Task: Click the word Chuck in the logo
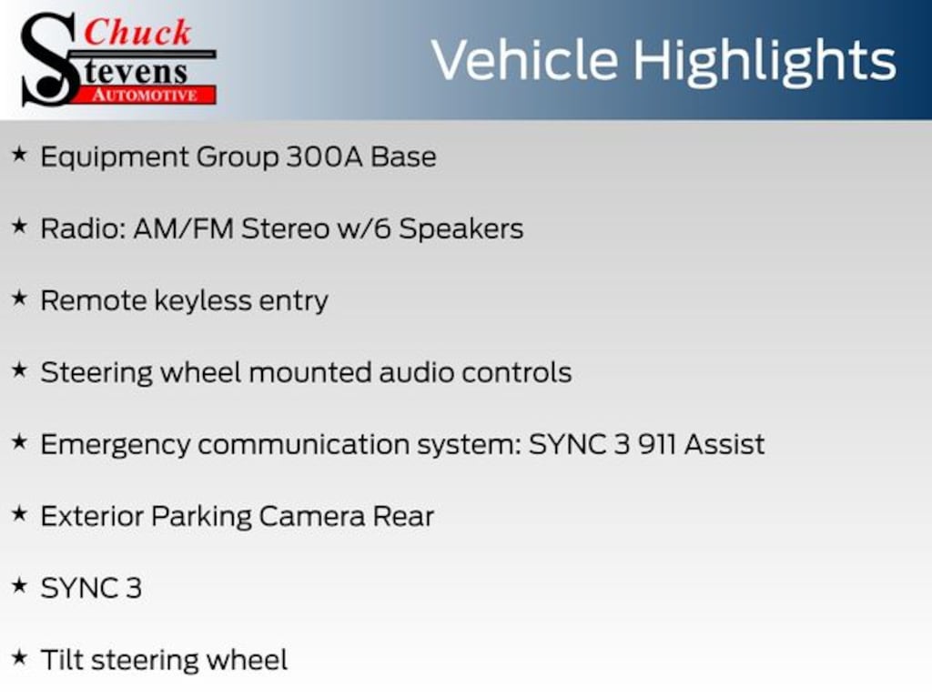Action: (137, 32)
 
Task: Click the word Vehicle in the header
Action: (525, 60)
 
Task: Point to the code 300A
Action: (324, 157)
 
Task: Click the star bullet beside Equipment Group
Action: (20, 155)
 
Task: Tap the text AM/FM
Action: (184, 228)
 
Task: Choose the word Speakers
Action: (461, 228)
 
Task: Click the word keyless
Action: (203, 300)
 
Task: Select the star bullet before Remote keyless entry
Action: (20, 298)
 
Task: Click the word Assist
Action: (724, 444)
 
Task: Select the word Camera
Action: (312, 517)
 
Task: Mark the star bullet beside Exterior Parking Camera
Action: (20, 513)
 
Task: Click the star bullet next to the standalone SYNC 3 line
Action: (20, 585)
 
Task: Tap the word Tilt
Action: (62, 660)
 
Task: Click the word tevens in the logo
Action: (136, 73)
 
